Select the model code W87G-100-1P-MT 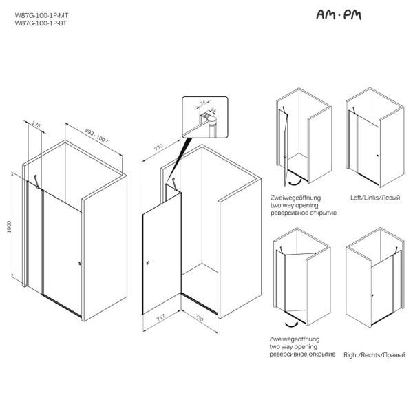(41, 15)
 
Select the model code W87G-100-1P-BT (41, 23)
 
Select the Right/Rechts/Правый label (372, 354)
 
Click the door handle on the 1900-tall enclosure (79, 264)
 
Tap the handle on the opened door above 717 (149, 263)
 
